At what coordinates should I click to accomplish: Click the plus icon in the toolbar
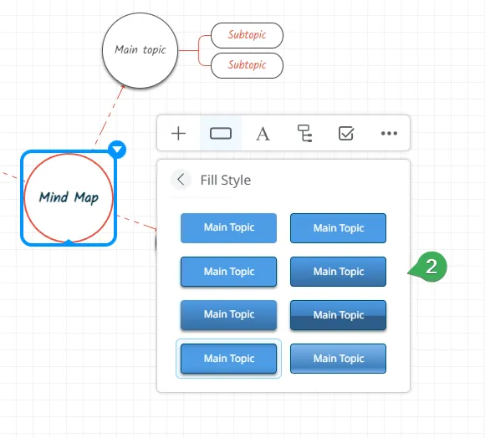[x=178, y=134]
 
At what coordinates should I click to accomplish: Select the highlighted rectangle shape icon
[x=221, y=134]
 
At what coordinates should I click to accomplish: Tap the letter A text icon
[x=263, y=134]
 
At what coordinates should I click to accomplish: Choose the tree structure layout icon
[x=304, y=134]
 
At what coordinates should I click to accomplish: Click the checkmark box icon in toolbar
[x=346, y=133]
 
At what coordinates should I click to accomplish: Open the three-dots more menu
[x=389, y=133]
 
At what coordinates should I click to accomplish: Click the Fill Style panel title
[x=226, y=180]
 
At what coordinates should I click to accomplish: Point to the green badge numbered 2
[x=431, y=267]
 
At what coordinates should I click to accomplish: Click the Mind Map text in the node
[x=69, y=198]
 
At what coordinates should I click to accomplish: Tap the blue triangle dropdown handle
[x=117, y=150]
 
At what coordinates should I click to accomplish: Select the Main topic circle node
[x=140, y=50]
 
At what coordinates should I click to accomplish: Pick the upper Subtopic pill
[x=247, y=35]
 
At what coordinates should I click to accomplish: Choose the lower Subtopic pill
[x=247, y=65]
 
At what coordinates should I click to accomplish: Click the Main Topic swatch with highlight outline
[x=228, y=359]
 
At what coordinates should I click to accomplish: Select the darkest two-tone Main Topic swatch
[x=338, y=315]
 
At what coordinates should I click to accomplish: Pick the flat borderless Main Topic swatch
[x=228, y=228]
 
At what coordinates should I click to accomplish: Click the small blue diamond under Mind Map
[x=69, y=242]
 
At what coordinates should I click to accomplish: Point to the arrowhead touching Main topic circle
[x=122, y=88]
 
